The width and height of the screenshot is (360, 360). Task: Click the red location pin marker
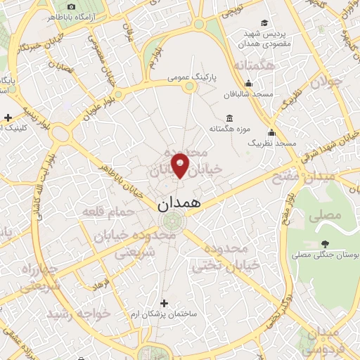180,165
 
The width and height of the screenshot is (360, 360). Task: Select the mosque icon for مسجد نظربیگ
271,132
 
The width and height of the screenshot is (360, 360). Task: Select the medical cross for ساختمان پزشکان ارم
164,303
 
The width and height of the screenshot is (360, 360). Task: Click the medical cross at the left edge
7,117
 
